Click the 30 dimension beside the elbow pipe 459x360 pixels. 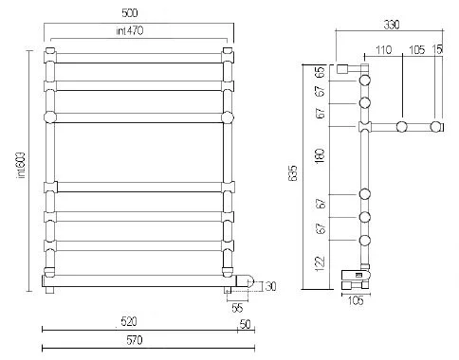tap(271, 287)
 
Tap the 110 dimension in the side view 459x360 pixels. tap(383, 49)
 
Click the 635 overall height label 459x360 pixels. tap(294, 173)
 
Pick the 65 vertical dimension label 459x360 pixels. tap(322, 72)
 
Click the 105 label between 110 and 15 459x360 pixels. tap(418, 49)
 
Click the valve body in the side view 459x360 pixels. tap(357, 278)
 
